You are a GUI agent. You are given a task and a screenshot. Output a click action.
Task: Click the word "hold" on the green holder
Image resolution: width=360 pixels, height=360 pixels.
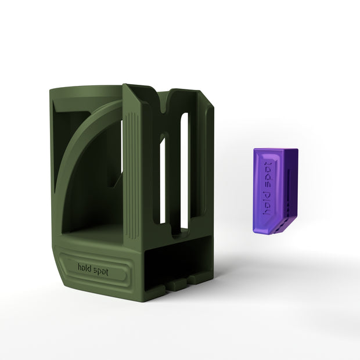pyautogui.click(x=84, y=268)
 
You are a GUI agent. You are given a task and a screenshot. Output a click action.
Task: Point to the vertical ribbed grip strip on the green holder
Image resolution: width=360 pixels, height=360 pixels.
pyautogui.click(x=132, y=177)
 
